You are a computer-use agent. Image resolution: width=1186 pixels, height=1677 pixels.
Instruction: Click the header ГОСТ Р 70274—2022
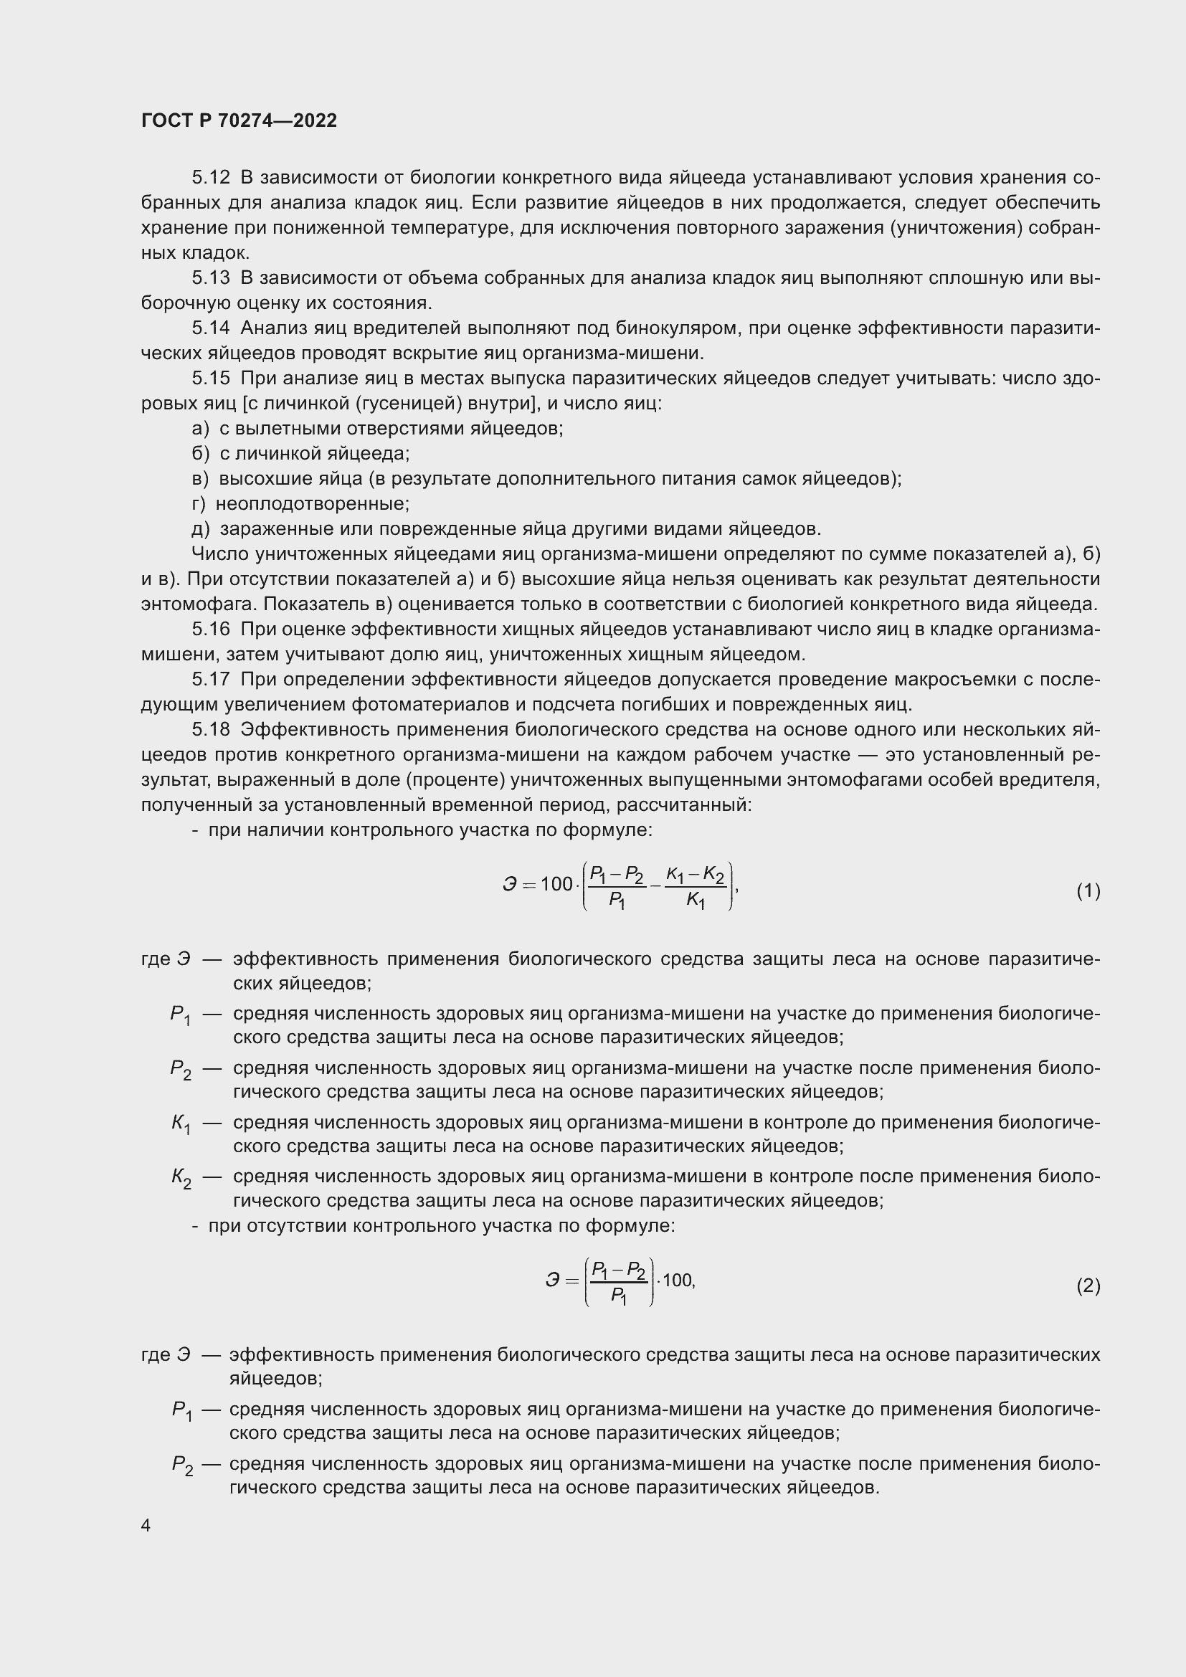coord(239,121)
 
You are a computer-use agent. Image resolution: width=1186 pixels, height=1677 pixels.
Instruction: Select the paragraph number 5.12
coord(210,178)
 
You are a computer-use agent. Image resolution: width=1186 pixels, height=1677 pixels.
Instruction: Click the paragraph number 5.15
coord(210,379)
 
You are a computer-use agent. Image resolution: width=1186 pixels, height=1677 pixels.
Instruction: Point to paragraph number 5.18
coord(210,730)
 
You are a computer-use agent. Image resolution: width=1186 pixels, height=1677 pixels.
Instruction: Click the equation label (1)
coord(1088,891)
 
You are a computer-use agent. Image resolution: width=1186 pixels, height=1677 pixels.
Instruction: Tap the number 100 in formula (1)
coord(556,885)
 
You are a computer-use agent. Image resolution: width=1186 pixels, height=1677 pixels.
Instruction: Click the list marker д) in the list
coord(200,529)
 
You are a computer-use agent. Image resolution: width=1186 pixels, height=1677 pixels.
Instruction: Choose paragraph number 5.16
coord(210,630)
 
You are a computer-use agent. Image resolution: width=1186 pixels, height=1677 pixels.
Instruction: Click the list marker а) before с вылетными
coord(199,429)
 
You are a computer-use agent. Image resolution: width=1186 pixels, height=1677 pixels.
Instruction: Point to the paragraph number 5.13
coord(210,278)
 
